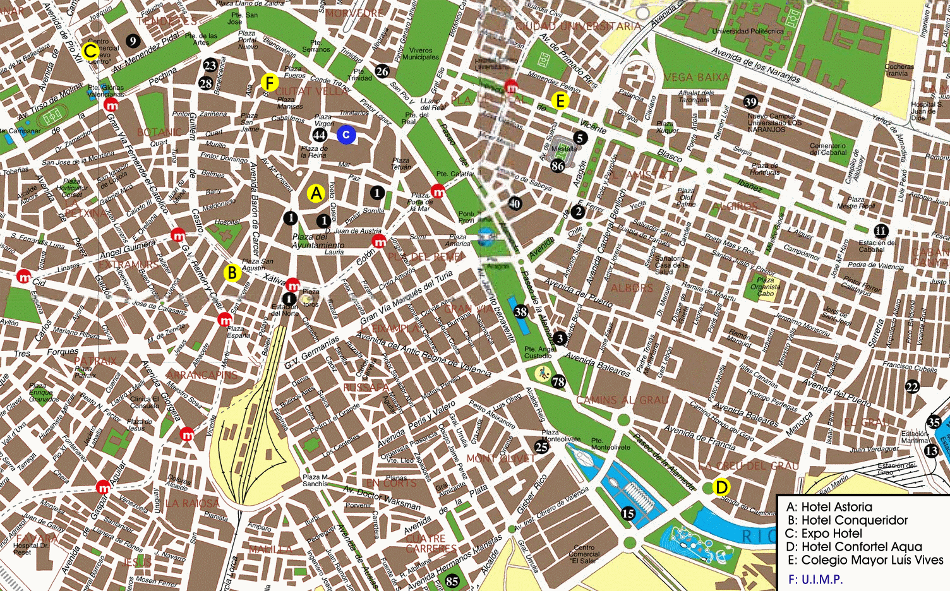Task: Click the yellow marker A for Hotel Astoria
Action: [316, 194]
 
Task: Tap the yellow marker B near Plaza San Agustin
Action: [232, 273]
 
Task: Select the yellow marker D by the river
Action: [721, 487]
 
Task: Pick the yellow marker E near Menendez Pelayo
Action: [560, 100]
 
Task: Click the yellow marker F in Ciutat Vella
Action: [269, 82]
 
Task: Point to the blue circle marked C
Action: [346, 134]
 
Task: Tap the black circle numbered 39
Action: [750, 102]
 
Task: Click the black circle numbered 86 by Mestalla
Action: [558, 166]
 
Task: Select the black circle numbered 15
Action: [628, 513]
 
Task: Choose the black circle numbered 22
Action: [912, 387]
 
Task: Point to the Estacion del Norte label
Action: [285, 310]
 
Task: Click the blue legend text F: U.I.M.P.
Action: [815, 579]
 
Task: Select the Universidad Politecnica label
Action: [747, 31]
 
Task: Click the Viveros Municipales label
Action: [421, 54]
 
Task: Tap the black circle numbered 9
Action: [132, 41]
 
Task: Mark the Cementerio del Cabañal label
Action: [827, 149]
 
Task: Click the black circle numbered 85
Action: [452, 581]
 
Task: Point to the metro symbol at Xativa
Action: [292, 284]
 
